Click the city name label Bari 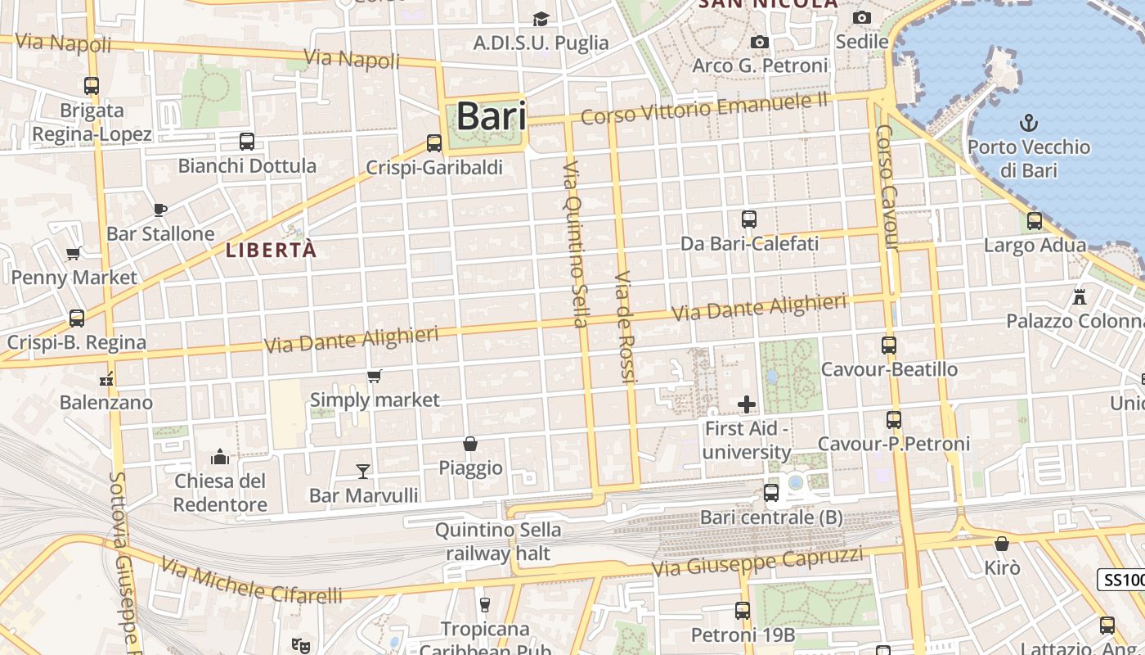point(491,115)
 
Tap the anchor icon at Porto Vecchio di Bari point(1029,124)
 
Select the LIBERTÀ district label point(271,251)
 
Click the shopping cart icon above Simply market point(375,376)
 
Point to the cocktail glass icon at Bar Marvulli point(363,471)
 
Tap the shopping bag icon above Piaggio point(470,444)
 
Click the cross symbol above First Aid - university point(747,404)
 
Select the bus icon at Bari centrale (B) point(771,492)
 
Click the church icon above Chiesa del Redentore point(220,456)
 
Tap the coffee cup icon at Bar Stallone point(160,210)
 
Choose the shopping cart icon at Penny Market point(74,253)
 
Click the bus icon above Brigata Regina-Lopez point(92,85)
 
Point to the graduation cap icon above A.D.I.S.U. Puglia point(541,19)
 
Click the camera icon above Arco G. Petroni point(760,42)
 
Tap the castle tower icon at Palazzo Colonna point(1080,296)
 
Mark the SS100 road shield point(1122,580)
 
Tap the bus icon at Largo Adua point(1035,220)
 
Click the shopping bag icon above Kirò point(1002,544)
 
